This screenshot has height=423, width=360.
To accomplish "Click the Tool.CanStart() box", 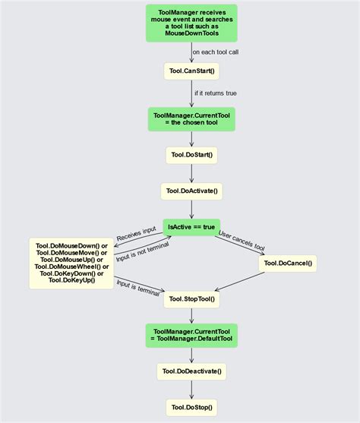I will pyautogui.click(x=191, y=72).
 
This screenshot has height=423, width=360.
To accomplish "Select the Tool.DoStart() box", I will pyautogui.click(x=191, y=155).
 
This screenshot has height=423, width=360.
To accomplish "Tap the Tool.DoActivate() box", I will pyautogui.click(x=191, y=191).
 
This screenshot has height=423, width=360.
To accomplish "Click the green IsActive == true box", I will pyautogui.click(x=191, y=227).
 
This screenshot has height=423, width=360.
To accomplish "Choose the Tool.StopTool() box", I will pyautogui.click(x=191, y=299).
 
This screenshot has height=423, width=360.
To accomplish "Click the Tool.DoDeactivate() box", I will pyautogui.click(x=191, y=371).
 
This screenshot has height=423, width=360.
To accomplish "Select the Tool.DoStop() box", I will pyautogui.click(x=191, y=407).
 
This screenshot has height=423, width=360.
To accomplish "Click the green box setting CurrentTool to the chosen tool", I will pyautogui.click(x=191, y=118).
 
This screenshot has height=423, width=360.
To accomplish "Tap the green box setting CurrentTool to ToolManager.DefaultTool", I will pyautogui.click(x=191, y=335).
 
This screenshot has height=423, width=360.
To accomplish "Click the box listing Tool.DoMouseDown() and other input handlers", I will pyautogui.click(x=71, y=264).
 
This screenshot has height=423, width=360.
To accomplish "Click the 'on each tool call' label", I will pyautogui.click(x=220, y=52).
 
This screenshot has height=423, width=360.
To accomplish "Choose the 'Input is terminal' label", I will pyautogui.click(x=137, y=286).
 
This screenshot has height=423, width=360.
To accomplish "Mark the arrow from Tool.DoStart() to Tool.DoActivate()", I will pyautogui.click(x=191, y=173).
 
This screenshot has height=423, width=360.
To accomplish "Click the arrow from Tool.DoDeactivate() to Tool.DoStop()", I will pyautogui.click(x=191, y=390).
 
